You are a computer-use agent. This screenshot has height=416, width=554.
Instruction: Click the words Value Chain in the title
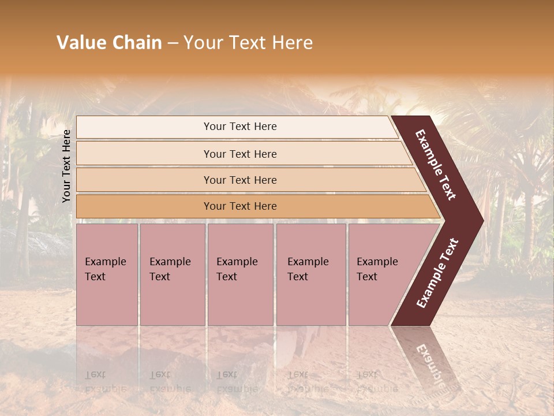click(109, 43)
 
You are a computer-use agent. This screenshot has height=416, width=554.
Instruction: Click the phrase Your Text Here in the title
click(248, 43)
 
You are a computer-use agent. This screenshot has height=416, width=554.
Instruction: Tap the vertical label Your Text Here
click(67, 166)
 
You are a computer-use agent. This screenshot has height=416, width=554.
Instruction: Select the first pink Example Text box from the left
click(107, 274)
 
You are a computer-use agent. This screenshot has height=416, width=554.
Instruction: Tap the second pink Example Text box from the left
click(172, 274)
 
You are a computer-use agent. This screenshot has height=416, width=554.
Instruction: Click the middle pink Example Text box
click(240, 274)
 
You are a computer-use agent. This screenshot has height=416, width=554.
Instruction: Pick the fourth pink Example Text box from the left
click(311, 274)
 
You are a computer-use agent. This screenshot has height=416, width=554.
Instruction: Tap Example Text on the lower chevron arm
click(437, 273)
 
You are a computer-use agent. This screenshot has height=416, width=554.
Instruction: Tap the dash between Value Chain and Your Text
click(173, 43)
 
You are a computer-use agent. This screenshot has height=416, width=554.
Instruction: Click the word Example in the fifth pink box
click(377, 262)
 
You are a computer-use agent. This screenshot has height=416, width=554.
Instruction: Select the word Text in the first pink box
click(95, 277)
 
